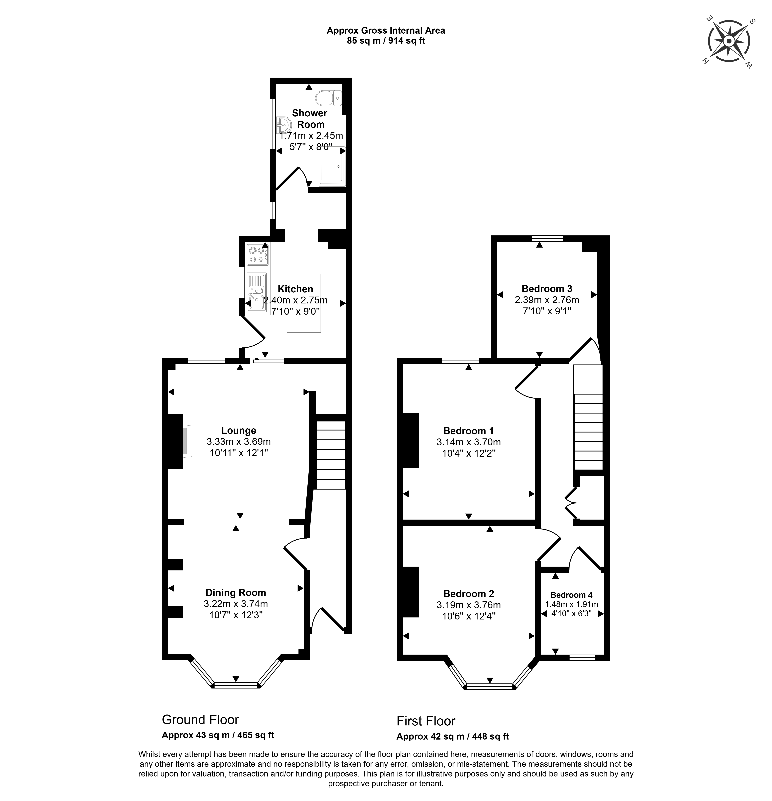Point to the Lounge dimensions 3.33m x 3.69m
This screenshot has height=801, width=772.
(239, 441)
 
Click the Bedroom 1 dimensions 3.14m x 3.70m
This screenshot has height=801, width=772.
(469, 442)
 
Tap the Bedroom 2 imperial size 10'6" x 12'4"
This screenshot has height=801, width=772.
(469, 616)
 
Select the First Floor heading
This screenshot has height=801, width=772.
(426, 721)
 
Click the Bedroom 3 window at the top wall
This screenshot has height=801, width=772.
(548, 238)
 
